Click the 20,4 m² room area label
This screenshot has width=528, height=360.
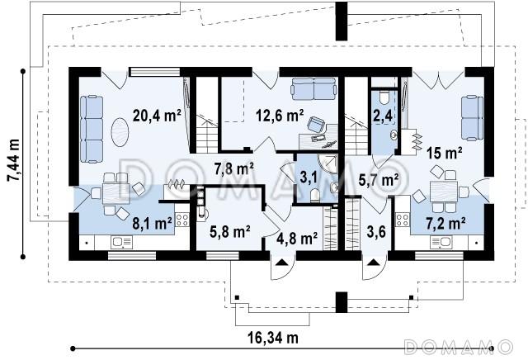click(158, 116)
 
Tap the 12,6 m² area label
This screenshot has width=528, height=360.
click(280, 116)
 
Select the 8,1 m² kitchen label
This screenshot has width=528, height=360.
click(152, 224)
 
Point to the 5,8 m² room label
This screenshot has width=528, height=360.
click(230, 232)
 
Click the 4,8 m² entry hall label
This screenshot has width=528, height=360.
click(297, 239)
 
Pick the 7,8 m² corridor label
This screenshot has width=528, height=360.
click(234, 169)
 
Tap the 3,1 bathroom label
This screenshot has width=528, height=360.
click(309, 178)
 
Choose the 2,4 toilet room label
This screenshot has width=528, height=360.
click(383, 116)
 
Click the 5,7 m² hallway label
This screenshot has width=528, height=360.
click(379, 180)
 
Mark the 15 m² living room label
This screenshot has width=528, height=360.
click(444, 154)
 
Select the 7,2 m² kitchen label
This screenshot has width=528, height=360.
click(446, 223)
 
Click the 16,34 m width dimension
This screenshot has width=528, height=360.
click(273, 337)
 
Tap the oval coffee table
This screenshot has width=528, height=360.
click(120, 132)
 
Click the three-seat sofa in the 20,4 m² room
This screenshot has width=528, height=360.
click(92, 129)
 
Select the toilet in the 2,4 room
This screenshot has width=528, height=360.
click(383, 97)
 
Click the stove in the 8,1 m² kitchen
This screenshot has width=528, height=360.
click(182, 220)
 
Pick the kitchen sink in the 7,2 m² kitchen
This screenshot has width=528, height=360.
click(441, 242)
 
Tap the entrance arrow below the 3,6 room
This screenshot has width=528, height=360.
click(373, 262)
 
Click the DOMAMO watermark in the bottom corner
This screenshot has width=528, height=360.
click(459, 347)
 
